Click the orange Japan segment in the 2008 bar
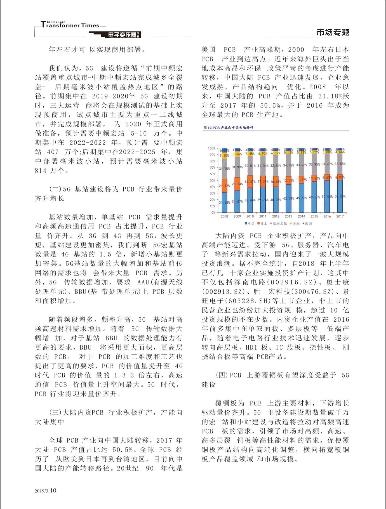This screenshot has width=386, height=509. tap(224, 186)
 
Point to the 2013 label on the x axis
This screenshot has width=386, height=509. tap(288, 216)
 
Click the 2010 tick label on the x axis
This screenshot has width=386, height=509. tap(250, 216)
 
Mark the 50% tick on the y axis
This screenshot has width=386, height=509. tap(213, 180)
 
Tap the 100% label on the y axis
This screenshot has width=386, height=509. tap(212, 148)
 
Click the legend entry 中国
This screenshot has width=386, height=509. tap(250, 224)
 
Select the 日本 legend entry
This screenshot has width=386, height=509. tap(262, 224)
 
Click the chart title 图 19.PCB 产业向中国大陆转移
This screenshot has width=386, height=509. tap(228, 128)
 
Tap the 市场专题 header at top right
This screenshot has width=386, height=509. tap(333, 32)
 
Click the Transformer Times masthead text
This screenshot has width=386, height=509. tap(70, 25)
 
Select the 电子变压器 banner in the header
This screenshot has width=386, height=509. tap(123, 35)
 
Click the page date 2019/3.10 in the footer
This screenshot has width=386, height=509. tap(46, 491)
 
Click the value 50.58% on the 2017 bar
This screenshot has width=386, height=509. tap(340, 196)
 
